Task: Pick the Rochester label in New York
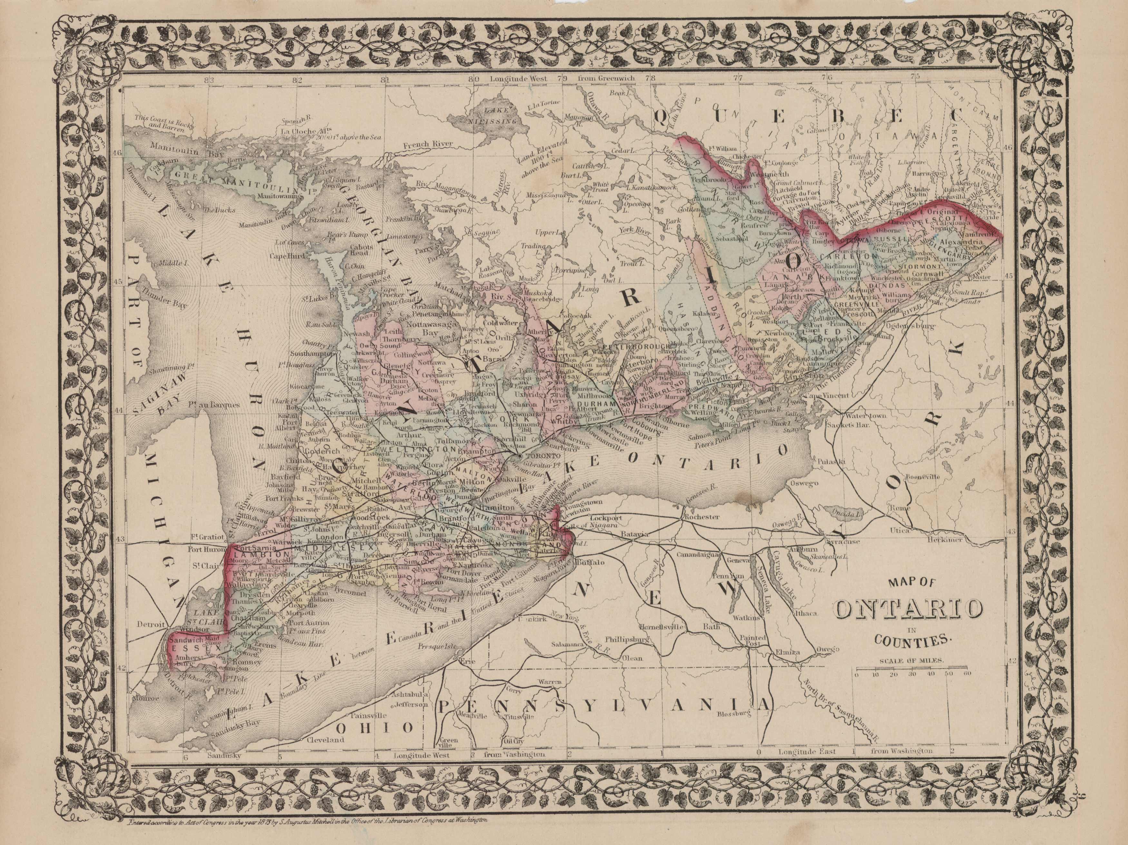[702, 516]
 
